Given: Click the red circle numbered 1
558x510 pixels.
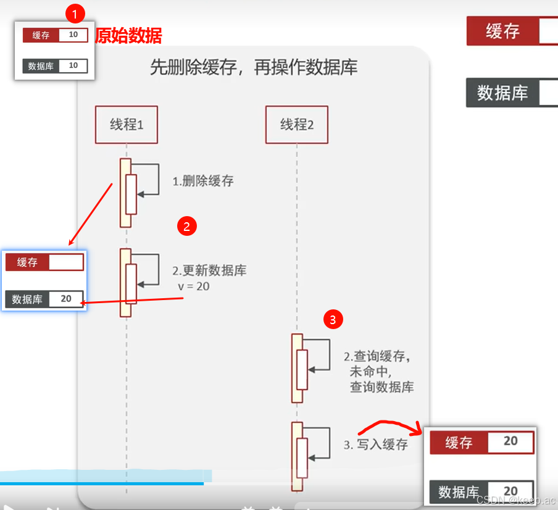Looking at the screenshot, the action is (75, 12).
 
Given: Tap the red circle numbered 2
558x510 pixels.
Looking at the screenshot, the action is (186, 226).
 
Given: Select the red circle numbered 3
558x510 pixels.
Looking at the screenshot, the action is (333, 319).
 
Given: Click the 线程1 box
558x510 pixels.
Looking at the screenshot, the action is (127, 125).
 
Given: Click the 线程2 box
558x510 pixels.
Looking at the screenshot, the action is (297, 125).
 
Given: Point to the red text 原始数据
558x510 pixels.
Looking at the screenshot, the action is (128, 36).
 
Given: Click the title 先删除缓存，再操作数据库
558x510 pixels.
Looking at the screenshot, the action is (254, 67).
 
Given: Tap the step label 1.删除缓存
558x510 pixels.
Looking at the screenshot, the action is (203, 181).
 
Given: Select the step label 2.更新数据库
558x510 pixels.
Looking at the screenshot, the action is (210, 271).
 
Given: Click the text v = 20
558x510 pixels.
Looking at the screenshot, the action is (193, 286).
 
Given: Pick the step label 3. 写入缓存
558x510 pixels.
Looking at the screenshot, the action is (376, 444).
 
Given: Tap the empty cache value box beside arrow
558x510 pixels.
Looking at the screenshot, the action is (65, 262).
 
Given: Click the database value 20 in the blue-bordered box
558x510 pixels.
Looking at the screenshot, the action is (65, 299).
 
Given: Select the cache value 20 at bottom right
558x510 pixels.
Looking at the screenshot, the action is (510, 441).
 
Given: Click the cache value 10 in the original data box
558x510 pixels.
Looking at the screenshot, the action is (73, 35).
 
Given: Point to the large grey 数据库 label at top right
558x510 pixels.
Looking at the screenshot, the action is (502, 93).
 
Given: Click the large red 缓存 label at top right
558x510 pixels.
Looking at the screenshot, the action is (502, 31).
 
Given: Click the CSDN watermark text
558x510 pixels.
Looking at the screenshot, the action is (516, 500).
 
